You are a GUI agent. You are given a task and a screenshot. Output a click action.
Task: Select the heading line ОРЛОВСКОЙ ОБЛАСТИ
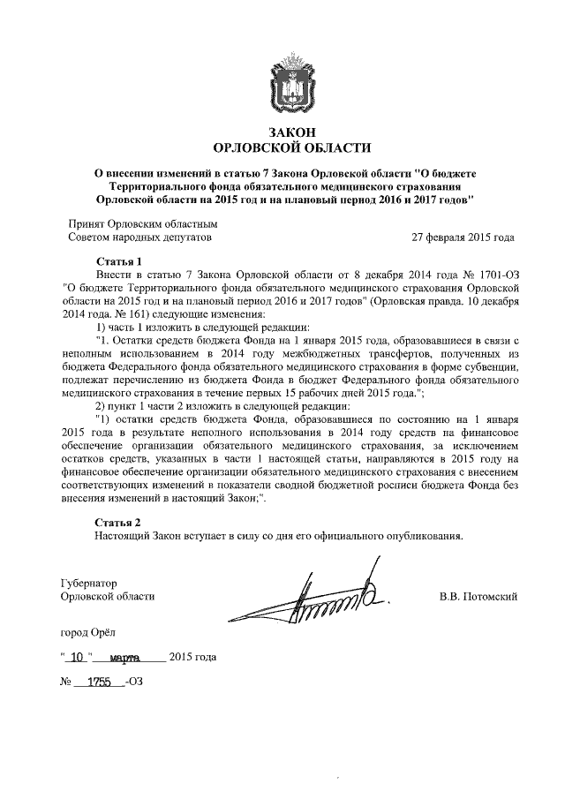[x=282, y=147]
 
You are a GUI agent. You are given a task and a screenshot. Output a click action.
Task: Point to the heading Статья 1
[x=118, y=261]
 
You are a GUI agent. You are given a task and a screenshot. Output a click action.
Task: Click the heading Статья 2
[x=118, y=522]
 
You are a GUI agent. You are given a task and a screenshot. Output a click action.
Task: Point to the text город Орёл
[x=87, y=632]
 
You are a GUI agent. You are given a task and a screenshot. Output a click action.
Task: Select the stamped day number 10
[x=79, y=657]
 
